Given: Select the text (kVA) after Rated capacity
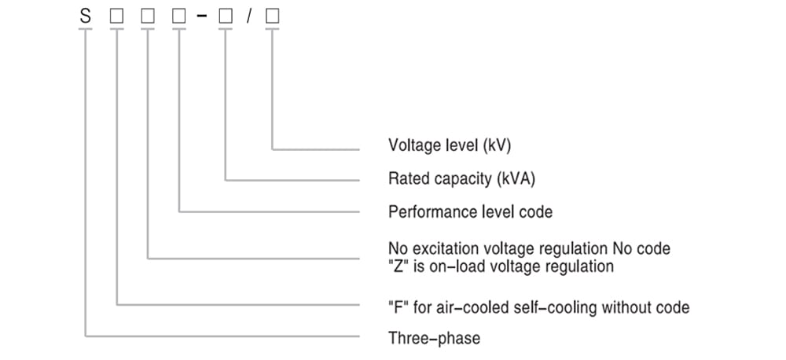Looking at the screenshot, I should (516, 179).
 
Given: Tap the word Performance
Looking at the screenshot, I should (428, 212).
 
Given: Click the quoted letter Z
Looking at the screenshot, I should (398, 266).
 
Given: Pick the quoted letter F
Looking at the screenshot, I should (398, 307).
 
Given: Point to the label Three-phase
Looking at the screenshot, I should (434, 339).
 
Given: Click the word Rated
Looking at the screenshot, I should (408, 179).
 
